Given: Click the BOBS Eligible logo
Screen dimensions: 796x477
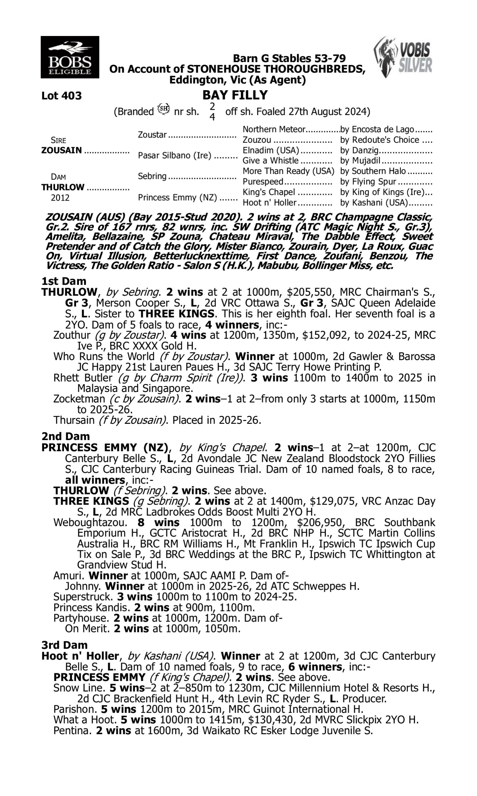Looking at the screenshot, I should point(70,57).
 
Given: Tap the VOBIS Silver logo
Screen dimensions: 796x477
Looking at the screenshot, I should point(403,57).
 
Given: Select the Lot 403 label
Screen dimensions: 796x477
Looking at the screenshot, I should point(61,96).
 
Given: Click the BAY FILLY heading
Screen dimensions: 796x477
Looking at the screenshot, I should point(235,95).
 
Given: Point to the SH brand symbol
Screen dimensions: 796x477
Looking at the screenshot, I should point(163,109).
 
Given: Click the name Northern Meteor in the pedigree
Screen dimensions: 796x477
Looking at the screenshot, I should point(273,129).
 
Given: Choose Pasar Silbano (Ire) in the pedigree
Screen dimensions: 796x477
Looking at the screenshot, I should point(175,155).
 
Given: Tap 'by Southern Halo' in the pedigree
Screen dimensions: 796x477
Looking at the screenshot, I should point(373,171).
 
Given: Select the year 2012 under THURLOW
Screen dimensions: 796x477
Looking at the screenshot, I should point(60,197).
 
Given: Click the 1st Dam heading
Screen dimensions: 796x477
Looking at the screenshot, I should point(64,281).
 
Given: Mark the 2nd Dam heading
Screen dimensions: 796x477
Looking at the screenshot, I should point(65,436).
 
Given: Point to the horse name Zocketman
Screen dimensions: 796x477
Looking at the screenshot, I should point(79,399).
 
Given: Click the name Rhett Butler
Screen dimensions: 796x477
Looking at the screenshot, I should point(83,377).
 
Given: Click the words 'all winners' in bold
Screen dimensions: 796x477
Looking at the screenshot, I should point(94,480).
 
